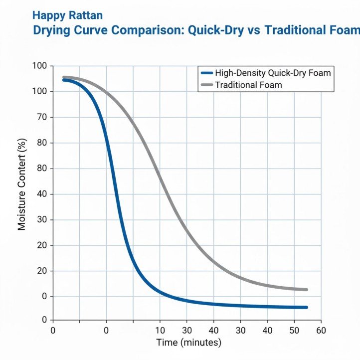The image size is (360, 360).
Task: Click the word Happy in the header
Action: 46,16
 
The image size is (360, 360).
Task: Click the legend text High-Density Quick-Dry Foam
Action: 273,73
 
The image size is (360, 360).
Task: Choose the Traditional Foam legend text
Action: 248,85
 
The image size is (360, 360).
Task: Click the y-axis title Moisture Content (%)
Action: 21,191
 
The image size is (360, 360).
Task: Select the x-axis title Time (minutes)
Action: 188,343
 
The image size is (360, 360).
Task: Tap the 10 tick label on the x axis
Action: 160,330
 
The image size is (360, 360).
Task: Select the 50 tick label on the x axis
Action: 294,330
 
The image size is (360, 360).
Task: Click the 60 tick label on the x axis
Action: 321,330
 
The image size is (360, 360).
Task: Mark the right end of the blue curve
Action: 306,307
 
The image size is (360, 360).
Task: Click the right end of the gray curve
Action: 306,290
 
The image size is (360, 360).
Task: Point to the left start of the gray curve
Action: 64,77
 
